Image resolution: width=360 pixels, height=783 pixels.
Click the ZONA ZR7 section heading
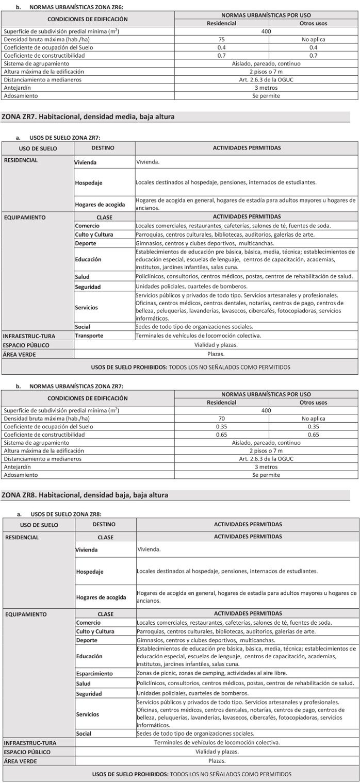[x=88, y=117]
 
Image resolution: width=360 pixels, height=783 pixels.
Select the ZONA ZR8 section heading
[x=85, y=495]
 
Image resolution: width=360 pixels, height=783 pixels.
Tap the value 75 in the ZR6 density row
[x=221, y=39]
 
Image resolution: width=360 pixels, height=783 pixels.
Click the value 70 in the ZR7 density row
[x=222, y=419]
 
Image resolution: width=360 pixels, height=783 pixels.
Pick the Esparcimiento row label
[x=94, y=673]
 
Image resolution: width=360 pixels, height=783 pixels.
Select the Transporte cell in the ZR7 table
[x=89, y=336]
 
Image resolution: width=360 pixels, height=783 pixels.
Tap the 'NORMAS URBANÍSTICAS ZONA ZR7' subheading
[x=76, y=386]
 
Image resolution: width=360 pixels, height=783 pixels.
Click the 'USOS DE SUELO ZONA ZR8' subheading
[x=66, y=514]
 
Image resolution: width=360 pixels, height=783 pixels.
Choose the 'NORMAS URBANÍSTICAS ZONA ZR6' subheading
[x=76, y=7]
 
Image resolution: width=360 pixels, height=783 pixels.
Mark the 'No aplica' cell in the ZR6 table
[x=313, y=39]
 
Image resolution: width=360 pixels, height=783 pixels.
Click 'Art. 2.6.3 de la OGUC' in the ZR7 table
[x=266, y=459]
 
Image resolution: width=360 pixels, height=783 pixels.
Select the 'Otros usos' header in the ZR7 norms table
[x=313, y=403]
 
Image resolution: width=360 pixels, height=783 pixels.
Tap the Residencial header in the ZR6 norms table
[x=221, y=23]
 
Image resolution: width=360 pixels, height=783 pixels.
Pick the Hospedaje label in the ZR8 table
[x=90, y=572]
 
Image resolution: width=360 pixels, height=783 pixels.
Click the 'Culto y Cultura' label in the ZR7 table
[x=94, y=235]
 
